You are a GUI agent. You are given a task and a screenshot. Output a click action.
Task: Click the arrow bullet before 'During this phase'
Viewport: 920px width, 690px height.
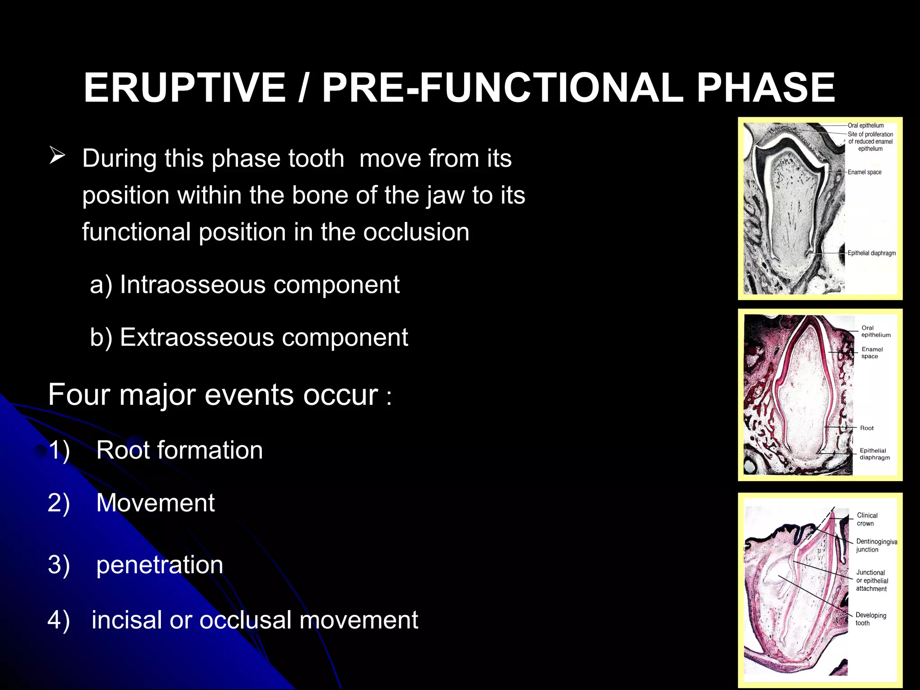click(57, 156)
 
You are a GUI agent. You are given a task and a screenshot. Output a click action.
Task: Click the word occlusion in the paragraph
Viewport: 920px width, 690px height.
click(416, 232)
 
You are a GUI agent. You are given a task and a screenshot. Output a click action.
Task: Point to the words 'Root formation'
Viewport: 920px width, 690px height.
click(179, 450)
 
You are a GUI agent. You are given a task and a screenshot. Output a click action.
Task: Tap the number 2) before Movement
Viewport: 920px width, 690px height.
click(59, 503)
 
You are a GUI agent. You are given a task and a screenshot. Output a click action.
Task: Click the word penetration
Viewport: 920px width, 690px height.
click(159, 565)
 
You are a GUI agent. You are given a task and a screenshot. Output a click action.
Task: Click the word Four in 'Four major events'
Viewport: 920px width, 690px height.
click(79, 395)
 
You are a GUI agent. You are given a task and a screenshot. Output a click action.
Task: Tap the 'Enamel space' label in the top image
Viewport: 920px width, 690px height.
click(864, 172)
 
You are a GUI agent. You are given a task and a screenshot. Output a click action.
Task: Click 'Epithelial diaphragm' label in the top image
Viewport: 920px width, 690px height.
click(871, 253)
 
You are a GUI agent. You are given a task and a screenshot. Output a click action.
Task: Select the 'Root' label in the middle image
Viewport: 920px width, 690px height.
click(867, 428)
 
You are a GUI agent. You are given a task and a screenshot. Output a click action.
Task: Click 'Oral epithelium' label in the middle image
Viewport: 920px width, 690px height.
click(875, 332)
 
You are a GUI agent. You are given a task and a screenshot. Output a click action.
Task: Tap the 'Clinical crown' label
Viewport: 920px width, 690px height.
click(867, 519)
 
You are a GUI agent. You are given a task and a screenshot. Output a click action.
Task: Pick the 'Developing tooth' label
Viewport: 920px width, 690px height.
click(870, 619)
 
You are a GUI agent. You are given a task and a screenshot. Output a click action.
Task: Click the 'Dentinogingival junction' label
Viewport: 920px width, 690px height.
click(876, 545)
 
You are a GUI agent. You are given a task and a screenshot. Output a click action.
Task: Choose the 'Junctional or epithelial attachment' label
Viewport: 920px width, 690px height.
click(871, 580)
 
